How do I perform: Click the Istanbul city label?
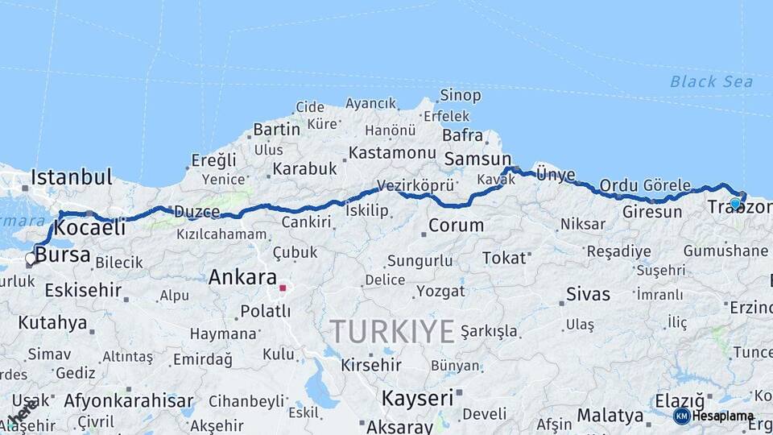pos(71,177)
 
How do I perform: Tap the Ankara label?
pos(242,278)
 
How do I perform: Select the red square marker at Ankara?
pos(283,288)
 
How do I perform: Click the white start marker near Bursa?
pos(31,259)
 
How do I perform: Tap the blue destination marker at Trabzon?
pos(735,204)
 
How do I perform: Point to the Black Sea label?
pos(711,81)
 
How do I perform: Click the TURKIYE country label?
pos(392,330)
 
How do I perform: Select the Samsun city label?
pos(477,159)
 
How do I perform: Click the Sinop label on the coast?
pos(461,96)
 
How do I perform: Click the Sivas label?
pos(588,294)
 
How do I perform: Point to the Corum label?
pos(456,226)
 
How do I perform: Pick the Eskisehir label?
pos(70,290)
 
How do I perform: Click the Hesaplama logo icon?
pos(682,416)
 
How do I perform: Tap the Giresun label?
pos(652,213)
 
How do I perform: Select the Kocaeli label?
pos(90,228)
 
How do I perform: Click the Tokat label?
pos(503,259)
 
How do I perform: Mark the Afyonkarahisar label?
pos(129,400)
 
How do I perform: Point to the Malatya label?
pos(610,416)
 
